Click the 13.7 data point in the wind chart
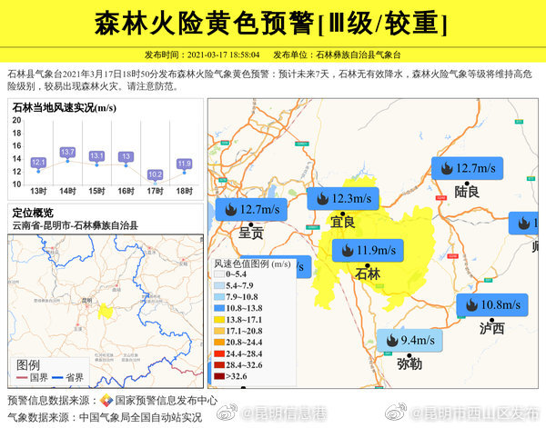point(66,152)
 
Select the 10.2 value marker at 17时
point(155,174)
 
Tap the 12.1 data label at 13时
point(38,163)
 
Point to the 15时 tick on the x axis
point(96,191)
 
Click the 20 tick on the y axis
point(15,119)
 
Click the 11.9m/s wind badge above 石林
point(368,250)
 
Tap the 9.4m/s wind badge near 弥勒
point(409,340)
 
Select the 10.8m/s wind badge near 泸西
point(490,304)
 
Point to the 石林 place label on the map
point(368,273)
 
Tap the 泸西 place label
point(491,327)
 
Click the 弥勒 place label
point(409,363)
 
